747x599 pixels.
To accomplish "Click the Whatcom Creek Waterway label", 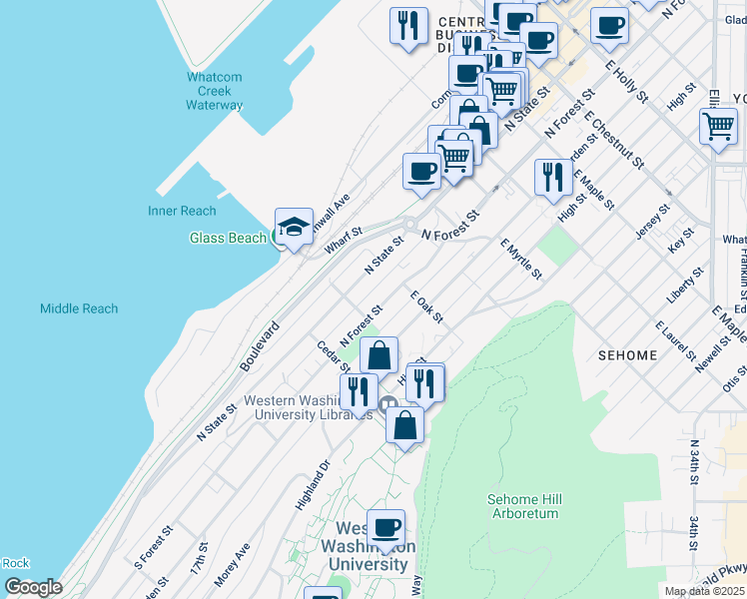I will [214, 91].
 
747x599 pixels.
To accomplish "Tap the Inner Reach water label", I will [182, 211].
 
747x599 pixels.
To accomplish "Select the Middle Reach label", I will [79, 308].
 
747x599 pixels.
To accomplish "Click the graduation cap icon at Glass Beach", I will [295, 228].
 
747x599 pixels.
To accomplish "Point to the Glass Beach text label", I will [228, 238].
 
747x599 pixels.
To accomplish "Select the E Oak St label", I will [426, 307].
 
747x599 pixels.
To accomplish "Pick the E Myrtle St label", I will [521, 259].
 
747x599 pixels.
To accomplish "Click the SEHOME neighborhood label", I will [627, 355].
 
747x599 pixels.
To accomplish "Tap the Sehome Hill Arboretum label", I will [523, 506].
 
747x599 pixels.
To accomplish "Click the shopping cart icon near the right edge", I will [718, 127].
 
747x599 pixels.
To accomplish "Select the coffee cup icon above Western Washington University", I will [385, 527].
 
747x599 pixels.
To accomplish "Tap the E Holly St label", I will [627, 81].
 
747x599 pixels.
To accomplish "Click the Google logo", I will [33, 587].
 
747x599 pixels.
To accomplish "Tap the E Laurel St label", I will [676, 341].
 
